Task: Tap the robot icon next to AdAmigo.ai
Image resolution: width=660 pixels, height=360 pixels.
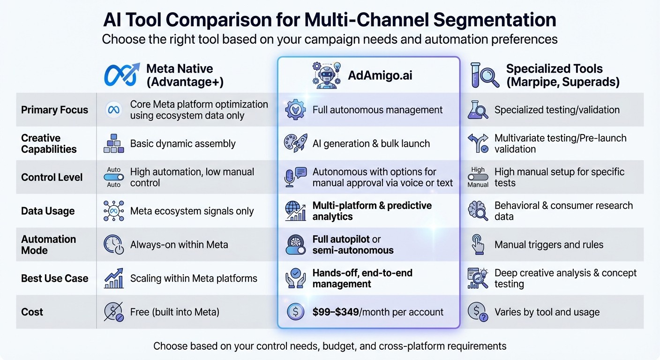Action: (327, 75)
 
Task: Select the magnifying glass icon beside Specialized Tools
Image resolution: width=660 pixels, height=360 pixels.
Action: (485, 75)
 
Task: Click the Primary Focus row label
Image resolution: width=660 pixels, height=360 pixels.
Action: (54, 110)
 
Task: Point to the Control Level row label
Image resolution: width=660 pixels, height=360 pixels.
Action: (52, 177)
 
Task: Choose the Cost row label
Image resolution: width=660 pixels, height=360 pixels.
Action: (32, 312)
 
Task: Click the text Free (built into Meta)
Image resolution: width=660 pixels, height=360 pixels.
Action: (174, 312)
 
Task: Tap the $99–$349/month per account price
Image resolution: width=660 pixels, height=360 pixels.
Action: (378, 312)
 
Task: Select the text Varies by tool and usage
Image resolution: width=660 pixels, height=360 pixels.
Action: (547, 312)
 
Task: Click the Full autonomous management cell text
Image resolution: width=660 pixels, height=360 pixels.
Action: (377, 110)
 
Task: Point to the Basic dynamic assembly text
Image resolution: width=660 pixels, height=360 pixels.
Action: (183, 143)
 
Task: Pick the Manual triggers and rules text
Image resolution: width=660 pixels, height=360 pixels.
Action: (548, 244)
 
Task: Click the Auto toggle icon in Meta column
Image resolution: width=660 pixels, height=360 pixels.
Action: (113, 177)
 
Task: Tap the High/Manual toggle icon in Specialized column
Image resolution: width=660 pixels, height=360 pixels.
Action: (478, 177)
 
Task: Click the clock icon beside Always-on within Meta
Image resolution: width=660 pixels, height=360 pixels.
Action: (113, 245)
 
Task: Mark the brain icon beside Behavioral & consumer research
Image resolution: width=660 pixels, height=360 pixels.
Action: (478, 211)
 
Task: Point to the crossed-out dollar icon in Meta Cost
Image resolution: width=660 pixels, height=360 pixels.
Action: (113, 312)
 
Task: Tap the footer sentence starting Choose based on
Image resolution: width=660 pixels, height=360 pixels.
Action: (330, 346)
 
